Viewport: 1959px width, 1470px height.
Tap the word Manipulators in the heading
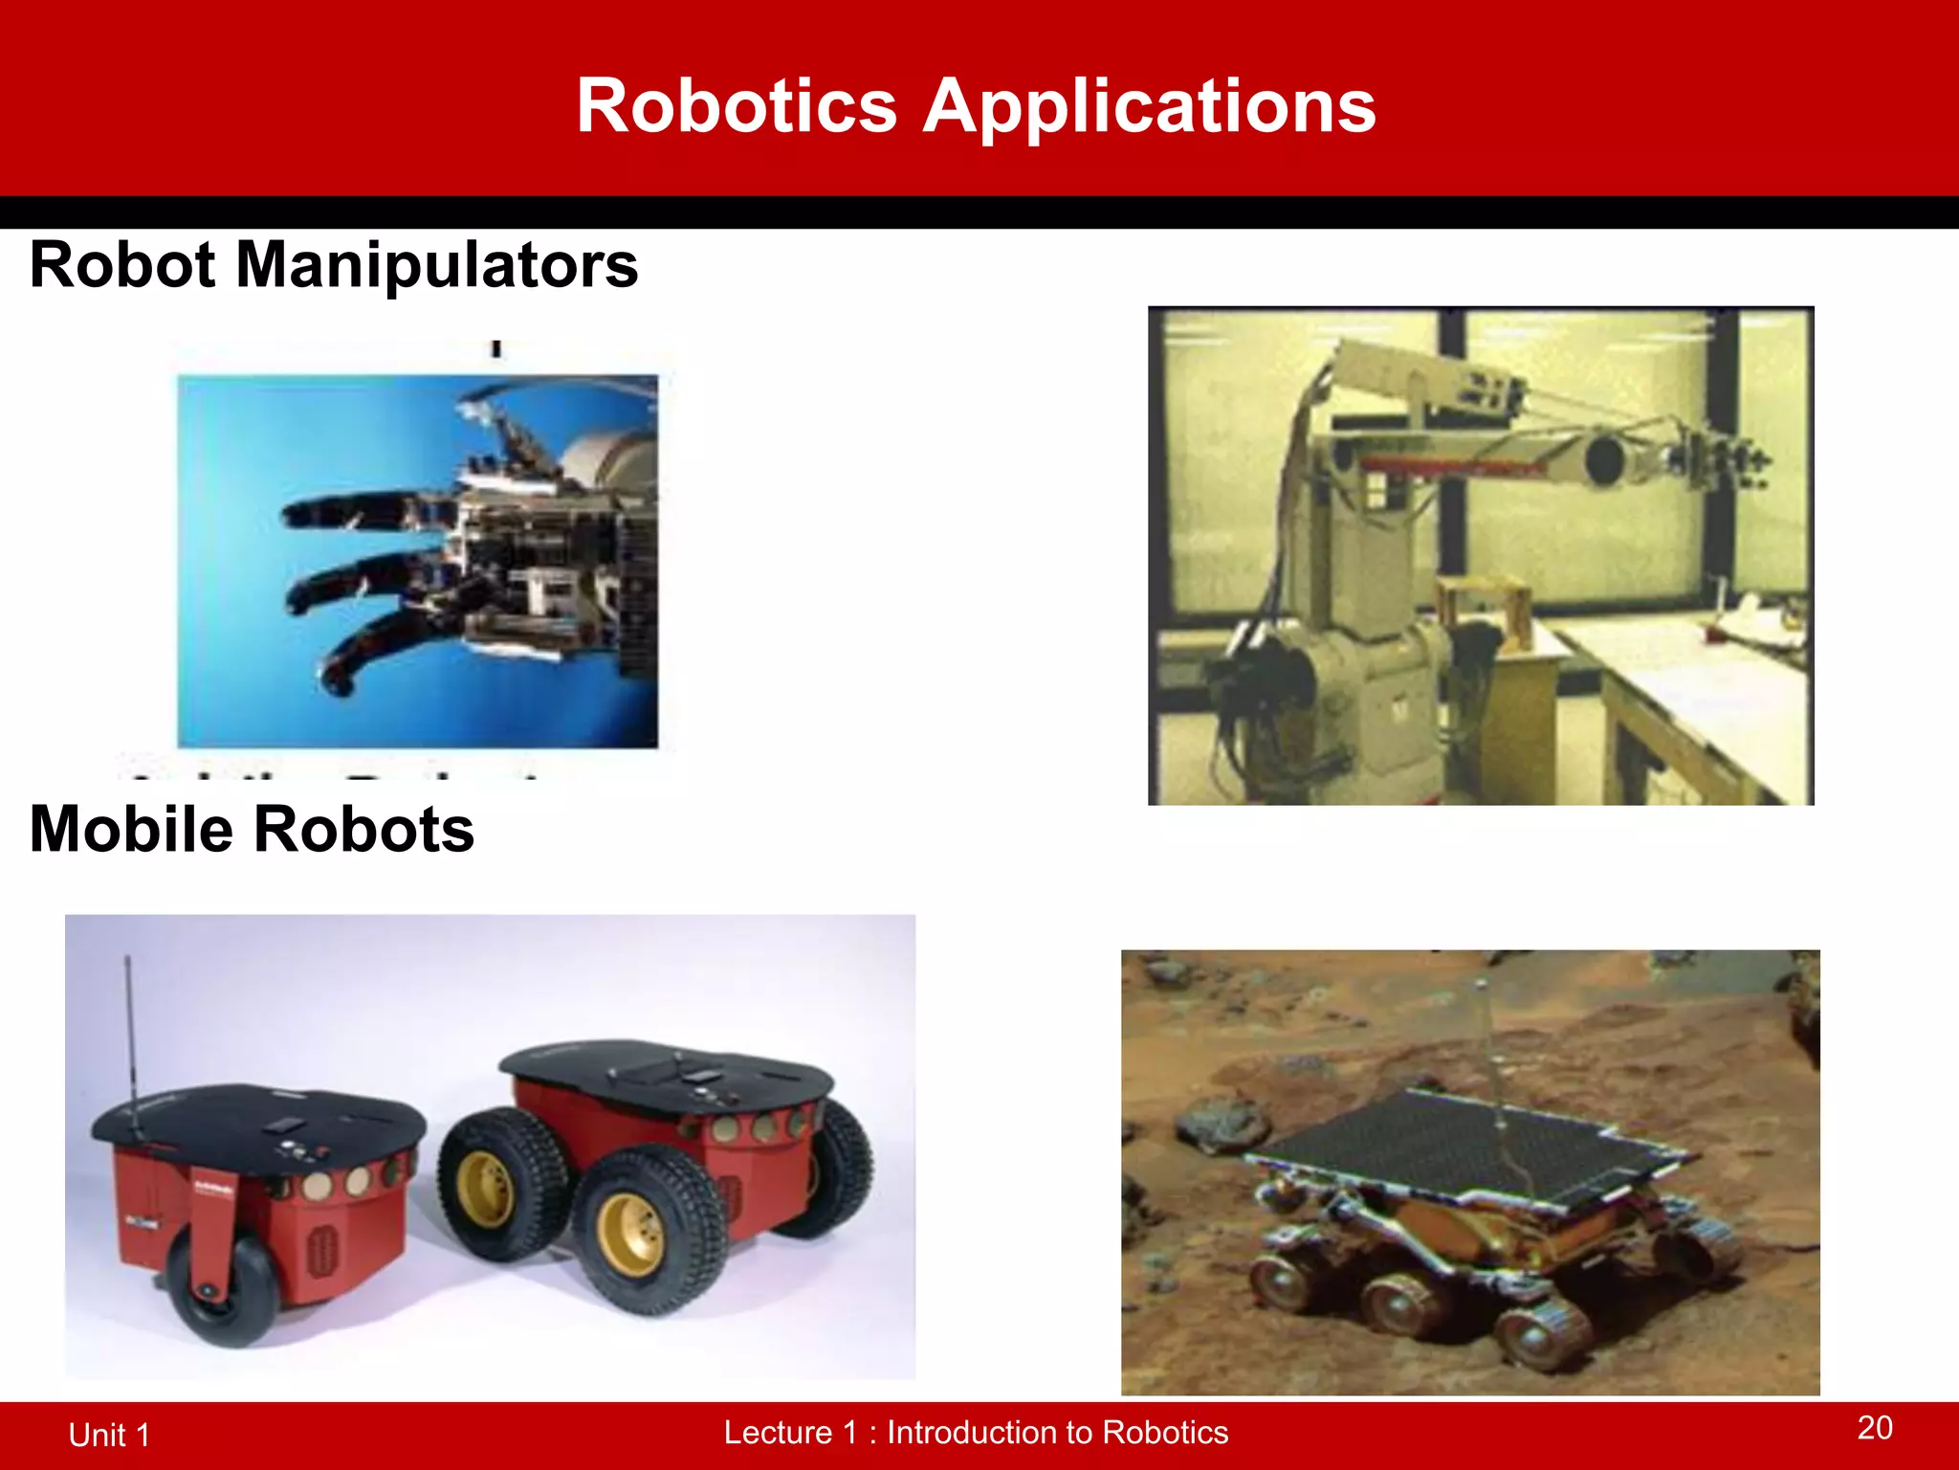[x=436, y=265]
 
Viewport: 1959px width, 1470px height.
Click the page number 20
[x=1875, y=1428]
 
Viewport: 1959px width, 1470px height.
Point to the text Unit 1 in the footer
[x=109, y=1435]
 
